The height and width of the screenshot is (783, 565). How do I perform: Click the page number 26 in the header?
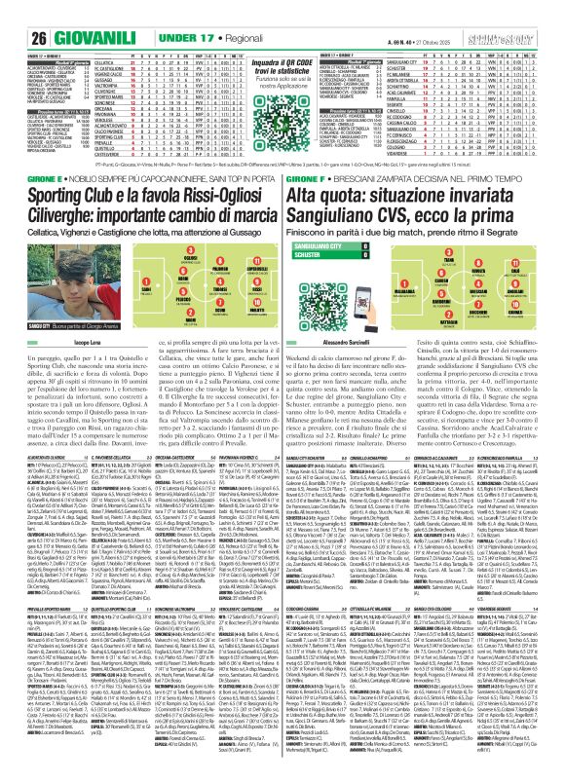pos(16,12)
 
